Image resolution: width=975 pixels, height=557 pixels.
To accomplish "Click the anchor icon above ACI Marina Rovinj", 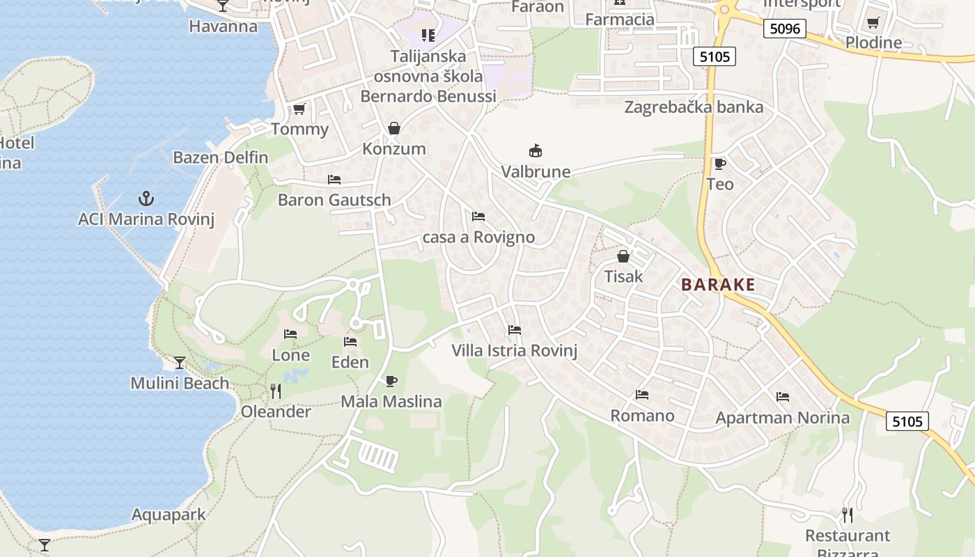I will pyautogui.click(x=146, y=198).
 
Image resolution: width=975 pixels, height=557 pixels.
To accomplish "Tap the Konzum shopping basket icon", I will pyautogui.click(x=394, y=128).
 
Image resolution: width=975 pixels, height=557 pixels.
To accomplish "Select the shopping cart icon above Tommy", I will pyautogui.click(x=299, y=109).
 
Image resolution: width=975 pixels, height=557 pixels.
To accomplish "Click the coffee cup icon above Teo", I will pyautogui.click(x=719, y=164).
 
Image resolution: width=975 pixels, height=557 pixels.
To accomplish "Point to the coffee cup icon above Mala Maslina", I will pyautogui.click(x=391, y=381).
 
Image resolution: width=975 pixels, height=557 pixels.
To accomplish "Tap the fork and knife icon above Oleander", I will pyautogui.click(x=276, y=391).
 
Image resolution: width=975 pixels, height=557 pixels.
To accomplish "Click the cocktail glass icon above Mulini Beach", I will pyautogui.click(x=180, y=362).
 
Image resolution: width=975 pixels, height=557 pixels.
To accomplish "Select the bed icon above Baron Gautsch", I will pyautogui.click(x=334, y=180).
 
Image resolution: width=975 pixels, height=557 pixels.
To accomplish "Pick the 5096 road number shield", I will pyautogui.click(x=784, y=29).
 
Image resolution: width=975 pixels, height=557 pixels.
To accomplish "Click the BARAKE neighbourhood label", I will pyautogui.click(x=718, y=285).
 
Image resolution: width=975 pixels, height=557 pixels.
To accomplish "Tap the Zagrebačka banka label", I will pyautogui.click(x=694, y=107).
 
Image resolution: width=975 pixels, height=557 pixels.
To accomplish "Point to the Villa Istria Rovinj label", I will pyautogui.click(x=515, y=350).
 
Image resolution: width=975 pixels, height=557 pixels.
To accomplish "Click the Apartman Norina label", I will pyautogui.click(x=783, y=418).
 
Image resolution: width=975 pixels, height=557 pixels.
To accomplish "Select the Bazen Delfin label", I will pyautogui.click(x=221, y=157).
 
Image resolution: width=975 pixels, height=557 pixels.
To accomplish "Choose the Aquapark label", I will pyautogui.click(x=169, y=515).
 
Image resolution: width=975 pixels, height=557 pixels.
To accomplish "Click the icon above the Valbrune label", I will pyautogui.click(x=536, y=150).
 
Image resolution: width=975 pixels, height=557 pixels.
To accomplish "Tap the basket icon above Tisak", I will pyautogui.click(x=623, y=256).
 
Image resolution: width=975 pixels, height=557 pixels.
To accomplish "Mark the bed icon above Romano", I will pyautogui.click(x=642, y=395).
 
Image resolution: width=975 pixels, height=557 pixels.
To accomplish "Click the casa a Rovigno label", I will pyautogui.click(x=479, y=237).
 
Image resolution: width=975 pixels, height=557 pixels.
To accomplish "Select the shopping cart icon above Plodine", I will pyautogui.click(x=873, y=22).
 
